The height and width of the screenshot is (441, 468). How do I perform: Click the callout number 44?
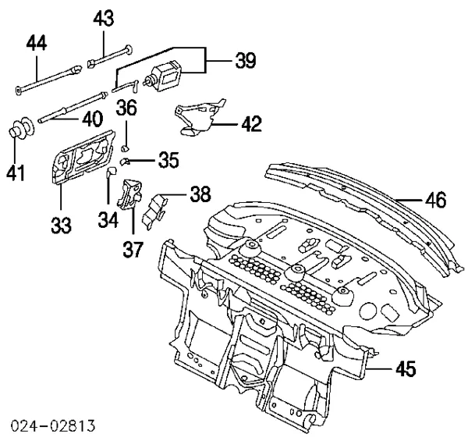[x=37, y=42]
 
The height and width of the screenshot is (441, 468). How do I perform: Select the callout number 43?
[x=104, y=18]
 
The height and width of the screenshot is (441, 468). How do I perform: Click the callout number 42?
[x=251, y=123]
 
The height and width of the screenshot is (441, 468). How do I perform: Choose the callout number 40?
[x=92, y=120]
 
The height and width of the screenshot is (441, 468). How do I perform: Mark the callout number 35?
[x=168, y=161]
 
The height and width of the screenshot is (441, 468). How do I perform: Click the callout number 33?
[x=60, y=224]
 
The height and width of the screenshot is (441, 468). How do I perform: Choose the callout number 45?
[x=405, y=367]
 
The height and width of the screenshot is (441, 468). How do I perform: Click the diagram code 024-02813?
[x=54, y=425]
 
